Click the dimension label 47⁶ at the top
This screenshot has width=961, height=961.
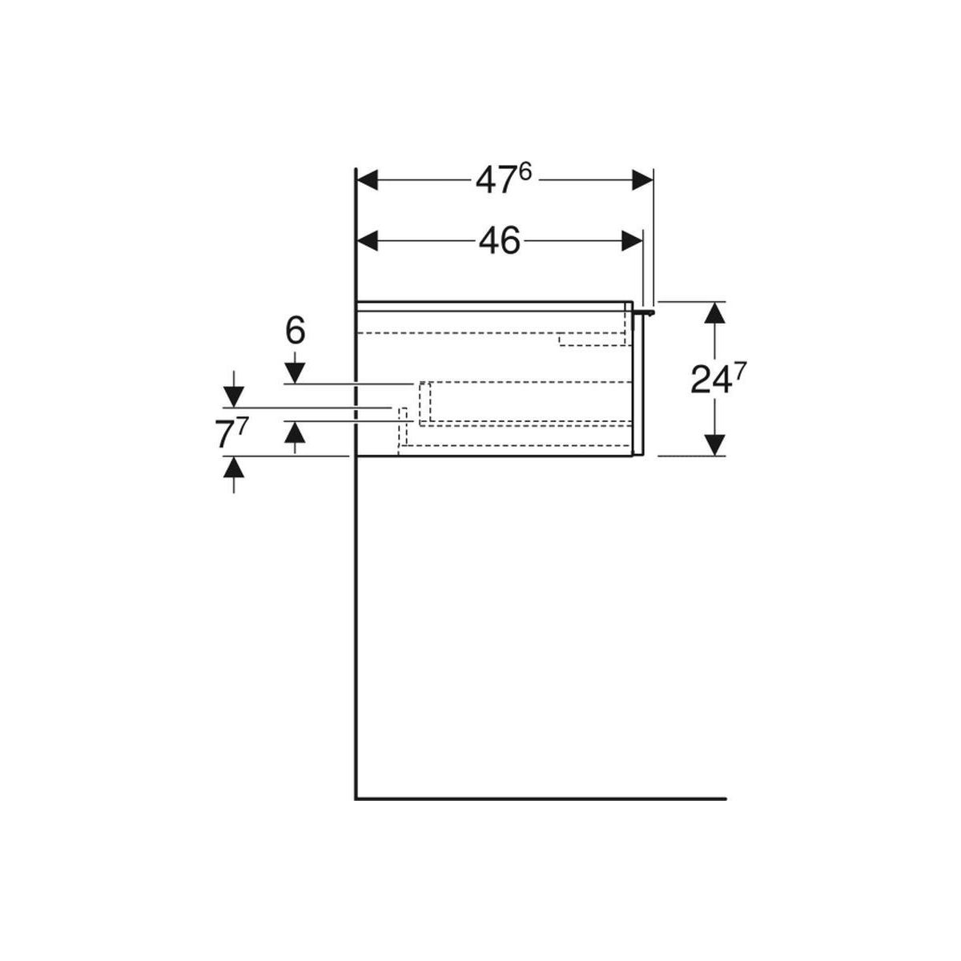(504, 179)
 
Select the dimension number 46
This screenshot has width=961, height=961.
(499, 241)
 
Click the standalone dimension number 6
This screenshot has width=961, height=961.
(296, 331)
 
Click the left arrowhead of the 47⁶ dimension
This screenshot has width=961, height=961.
(368, 180)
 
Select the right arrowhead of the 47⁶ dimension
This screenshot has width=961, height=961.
(642, 180)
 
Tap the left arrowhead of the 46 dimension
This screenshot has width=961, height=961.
(368, 241)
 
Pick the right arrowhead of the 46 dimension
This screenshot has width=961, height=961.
(632, 241)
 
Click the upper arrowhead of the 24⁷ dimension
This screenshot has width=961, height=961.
(716, 313)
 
